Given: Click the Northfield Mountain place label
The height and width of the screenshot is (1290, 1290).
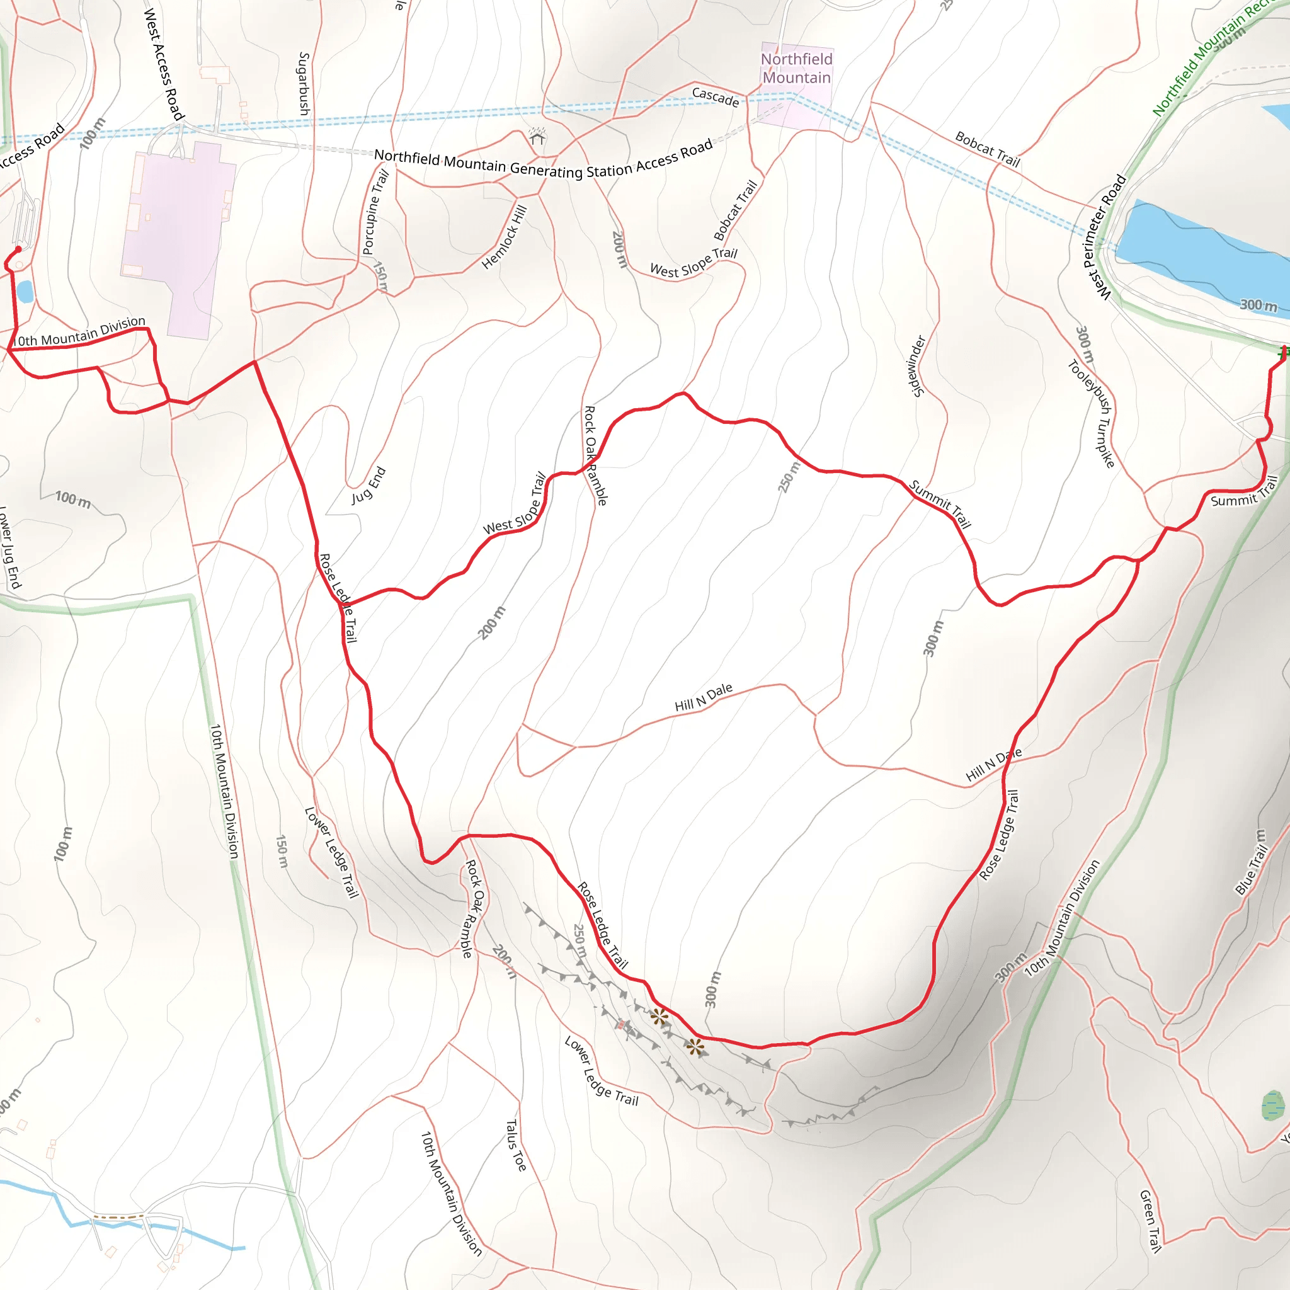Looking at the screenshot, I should click(797, 69).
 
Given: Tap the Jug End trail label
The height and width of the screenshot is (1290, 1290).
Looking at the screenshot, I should click(368, 486).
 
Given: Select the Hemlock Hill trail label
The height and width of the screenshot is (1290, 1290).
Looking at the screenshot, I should click(504, 237).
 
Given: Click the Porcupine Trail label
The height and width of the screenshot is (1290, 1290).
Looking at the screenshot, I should click(375, 212).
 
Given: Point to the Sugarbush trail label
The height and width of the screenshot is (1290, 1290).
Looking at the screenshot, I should click(304, 84).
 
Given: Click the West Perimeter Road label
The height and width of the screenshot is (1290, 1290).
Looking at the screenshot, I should click(1104, 237).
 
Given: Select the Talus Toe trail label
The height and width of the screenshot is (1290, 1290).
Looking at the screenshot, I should click(515, 1145).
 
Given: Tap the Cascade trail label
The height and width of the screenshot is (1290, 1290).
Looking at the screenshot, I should click(715, 98).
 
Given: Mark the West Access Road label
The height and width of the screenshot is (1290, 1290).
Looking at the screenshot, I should click(164, 64).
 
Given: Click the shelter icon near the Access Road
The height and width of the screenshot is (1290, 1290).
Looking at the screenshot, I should click(537, 137).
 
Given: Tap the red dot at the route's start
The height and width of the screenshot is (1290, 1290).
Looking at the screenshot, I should click(19, 249).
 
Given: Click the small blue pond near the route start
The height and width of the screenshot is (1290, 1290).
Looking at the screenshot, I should click(25, 292).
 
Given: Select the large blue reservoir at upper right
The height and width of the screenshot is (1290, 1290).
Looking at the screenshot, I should click(1195, 254).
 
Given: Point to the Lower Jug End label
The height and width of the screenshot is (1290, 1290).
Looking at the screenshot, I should click(9, 547).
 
